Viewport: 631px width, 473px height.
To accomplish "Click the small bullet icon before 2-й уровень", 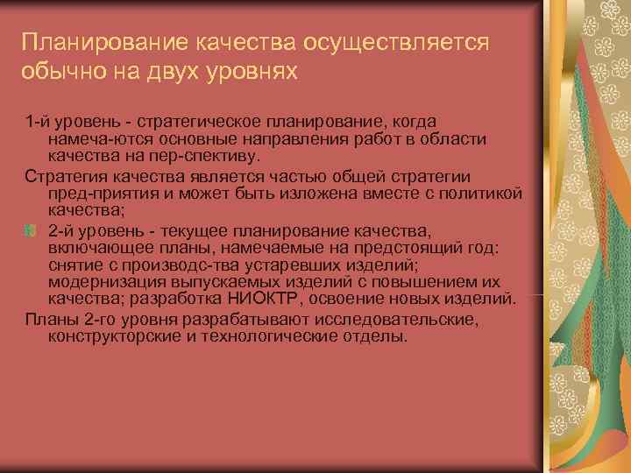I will pyautogui.click(x=31, y=230).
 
